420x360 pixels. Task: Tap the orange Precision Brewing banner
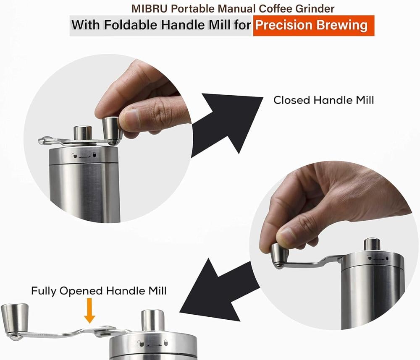tap(314, 26)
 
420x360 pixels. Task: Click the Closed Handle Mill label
tap(323, 100)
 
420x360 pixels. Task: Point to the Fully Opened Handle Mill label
tap(99, 291)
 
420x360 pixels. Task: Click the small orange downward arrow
tap(89, 311)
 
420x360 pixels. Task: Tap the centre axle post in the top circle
tap(83, 133)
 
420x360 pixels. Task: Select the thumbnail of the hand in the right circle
tap(287, 235)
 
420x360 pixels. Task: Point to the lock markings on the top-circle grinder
tap(84, 155)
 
